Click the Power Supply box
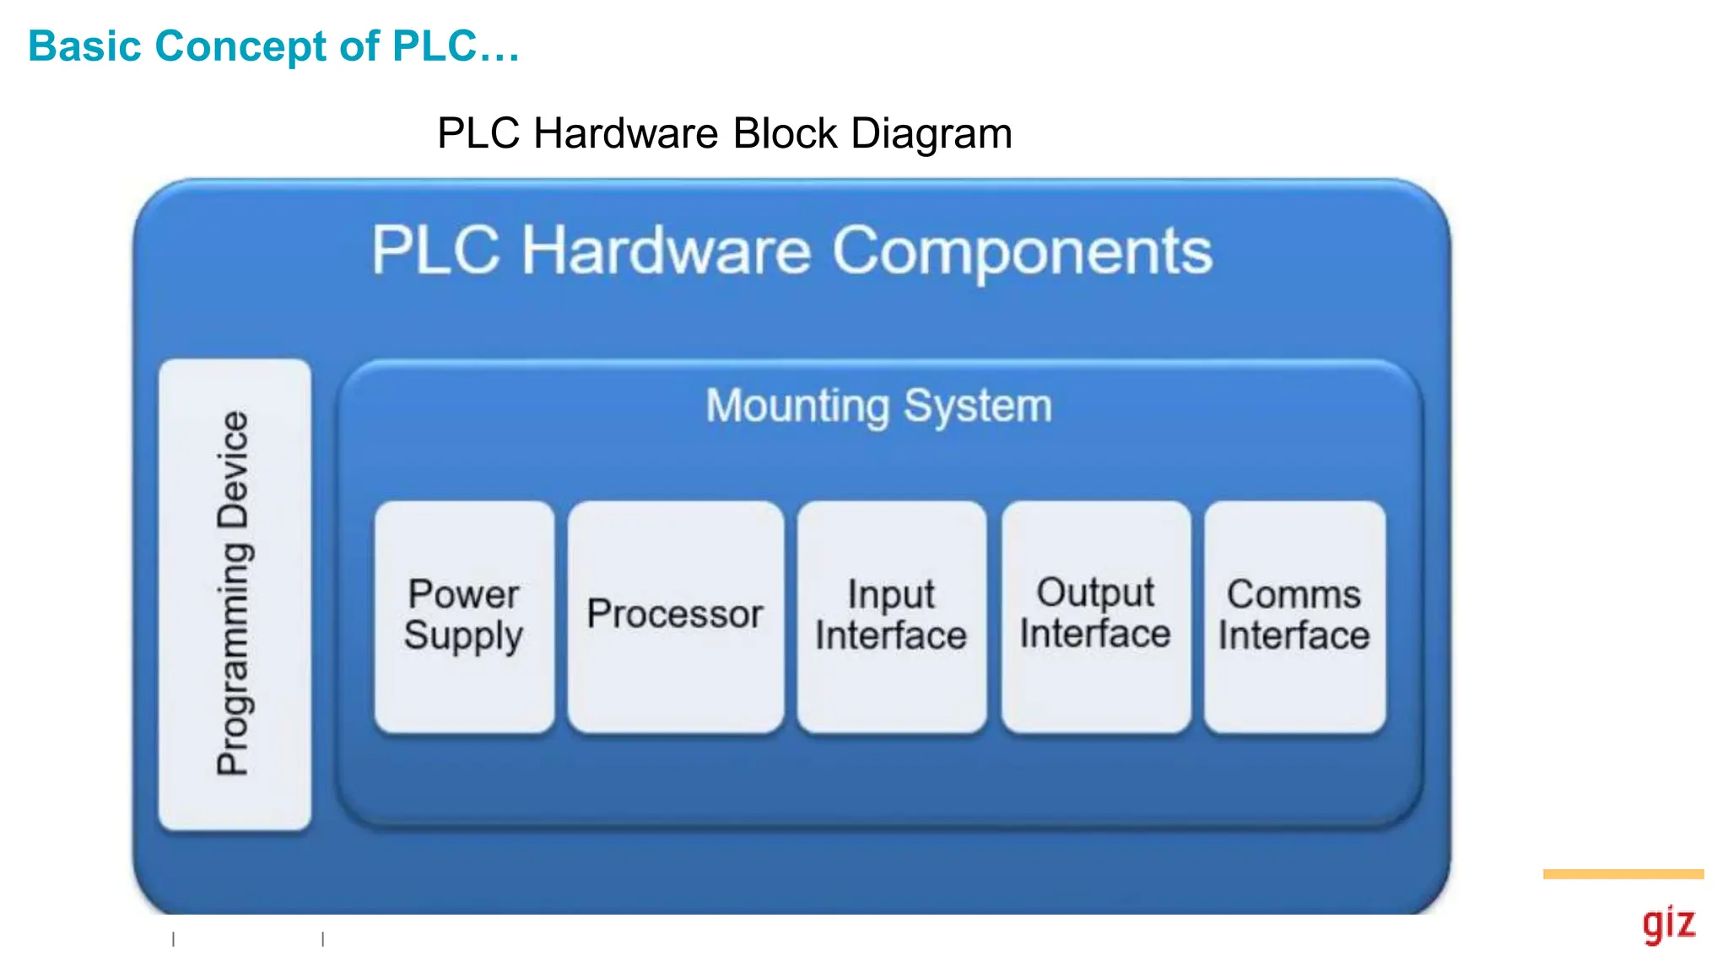[x=464, y=616]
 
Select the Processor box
[x=675, y=616]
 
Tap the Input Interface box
[x=891, y=616]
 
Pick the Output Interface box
[x=1095, y=616]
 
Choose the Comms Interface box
[x=1294, y=616]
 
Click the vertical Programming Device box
[x=235, y=594]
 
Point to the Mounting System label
[x=878, y=406]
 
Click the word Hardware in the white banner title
[x=666, y=251]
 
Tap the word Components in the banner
[x=1023, y=251]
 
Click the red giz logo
[x=1668, y=924]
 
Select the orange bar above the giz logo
[x=1623, y=874]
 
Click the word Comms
[x=1293, y=594]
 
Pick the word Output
[x=1095, y=592]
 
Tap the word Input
[x=891, y=594]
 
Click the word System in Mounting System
[x=978, y=406]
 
